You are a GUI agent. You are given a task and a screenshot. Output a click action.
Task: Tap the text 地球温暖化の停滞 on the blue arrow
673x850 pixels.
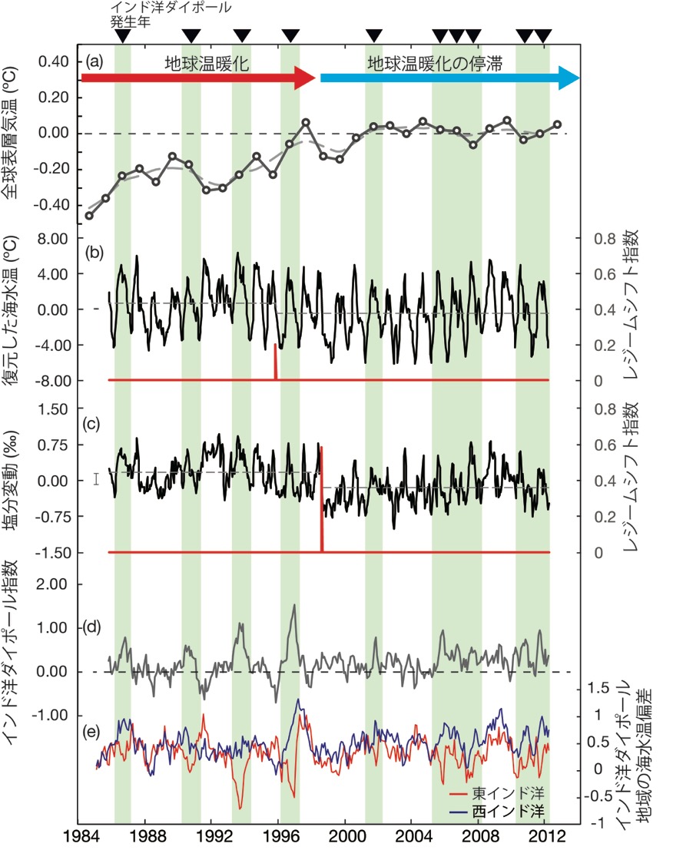click(434, 64)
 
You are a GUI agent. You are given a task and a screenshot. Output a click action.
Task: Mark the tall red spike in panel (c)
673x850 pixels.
click(321, 499)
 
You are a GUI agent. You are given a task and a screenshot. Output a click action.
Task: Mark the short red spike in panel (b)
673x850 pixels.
click(275, 362)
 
